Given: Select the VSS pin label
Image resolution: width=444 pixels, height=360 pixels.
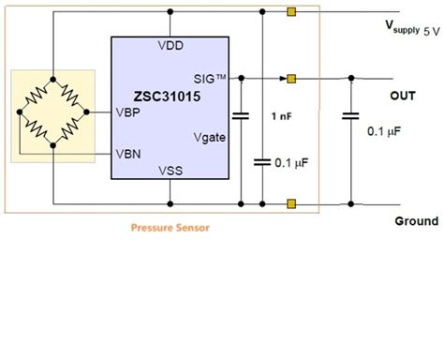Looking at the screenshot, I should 170,171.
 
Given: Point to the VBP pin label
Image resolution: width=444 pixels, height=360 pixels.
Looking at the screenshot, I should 128,112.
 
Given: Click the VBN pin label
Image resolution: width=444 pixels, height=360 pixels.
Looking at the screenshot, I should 128,151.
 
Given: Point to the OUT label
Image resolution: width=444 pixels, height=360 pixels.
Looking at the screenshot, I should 404,96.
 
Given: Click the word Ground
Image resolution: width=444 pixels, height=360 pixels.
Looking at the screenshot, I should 415,221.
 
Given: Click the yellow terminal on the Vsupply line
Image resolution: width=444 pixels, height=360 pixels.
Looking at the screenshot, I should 292,13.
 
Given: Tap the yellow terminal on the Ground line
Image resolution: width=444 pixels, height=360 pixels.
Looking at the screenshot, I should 292,202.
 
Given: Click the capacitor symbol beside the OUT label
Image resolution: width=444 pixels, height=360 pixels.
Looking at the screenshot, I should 351,116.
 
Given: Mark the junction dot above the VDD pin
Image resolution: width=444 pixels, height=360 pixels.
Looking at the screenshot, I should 170,13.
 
